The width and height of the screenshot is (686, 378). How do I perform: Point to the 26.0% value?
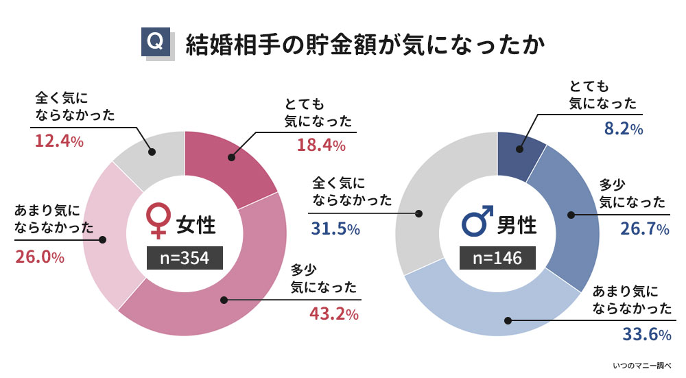(40, 258)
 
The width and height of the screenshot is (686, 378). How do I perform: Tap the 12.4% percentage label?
(59, 142)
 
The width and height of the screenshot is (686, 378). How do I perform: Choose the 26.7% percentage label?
(644, 229)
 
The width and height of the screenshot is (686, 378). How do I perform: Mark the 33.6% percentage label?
(644, 334)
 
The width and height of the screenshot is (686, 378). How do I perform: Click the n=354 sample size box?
(186, 257)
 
